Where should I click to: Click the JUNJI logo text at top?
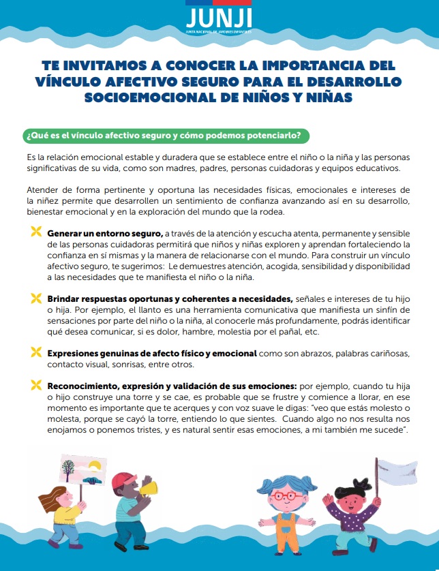click(x=219, y=16)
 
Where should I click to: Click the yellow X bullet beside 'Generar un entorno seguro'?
click(x=35, y=233)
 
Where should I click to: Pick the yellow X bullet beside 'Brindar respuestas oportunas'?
click(x=35, y=298)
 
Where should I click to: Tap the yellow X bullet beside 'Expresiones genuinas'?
click(x=35, y=352)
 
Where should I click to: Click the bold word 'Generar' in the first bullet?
click(x=65, y=233)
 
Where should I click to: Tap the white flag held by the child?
click(x=397, y=471)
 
